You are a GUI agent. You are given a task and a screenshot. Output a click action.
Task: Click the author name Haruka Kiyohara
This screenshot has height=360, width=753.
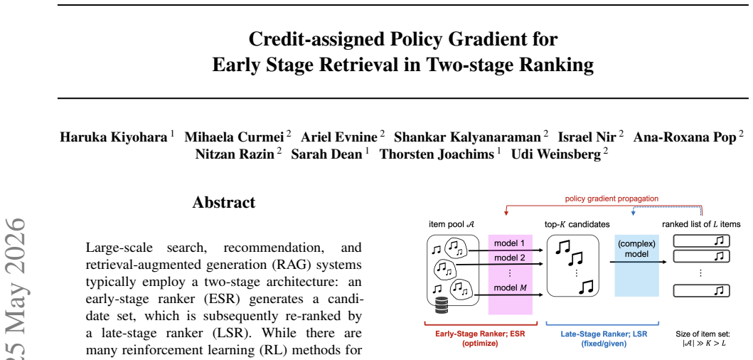click(x=113, y=137)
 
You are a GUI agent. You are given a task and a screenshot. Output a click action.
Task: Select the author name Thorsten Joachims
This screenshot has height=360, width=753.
click(x=437, y=154)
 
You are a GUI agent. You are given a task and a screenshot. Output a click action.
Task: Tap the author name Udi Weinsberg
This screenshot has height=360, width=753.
click(x=555, y=154)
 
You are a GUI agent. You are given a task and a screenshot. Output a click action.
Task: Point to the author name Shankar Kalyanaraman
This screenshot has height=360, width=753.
click(x=467, y=137)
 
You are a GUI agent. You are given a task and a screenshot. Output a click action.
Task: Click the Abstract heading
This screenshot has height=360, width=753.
click(x=224, y=202)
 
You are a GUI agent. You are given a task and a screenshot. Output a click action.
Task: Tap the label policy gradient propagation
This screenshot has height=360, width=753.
click(x=612, y=198)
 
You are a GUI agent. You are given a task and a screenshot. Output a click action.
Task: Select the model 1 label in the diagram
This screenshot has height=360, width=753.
click(x=510, y=243)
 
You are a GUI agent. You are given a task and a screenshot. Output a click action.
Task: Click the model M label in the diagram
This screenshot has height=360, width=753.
click(x=510, y=288)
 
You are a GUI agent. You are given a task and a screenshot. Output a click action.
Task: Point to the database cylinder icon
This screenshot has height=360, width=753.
click(x=441, y=305)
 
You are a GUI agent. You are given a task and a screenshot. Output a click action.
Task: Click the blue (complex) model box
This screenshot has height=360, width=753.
click(x=637, y=265)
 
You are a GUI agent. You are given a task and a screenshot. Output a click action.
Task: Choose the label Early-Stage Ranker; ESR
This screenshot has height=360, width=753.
click(x=481, y=334)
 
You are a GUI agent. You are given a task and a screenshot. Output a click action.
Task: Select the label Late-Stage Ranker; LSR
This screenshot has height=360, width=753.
click(x=604, y=334)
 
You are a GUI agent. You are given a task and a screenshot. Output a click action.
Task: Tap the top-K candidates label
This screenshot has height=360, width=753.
click(x=577, y=224)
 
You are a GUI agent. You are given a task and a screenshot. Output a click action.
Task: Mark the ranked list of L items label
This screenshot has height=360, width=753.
click(x=701, y=224)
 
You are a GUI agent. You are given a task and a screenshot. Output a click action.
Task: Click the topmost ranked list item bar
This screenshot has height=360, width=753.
click(x=701, y=240)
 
